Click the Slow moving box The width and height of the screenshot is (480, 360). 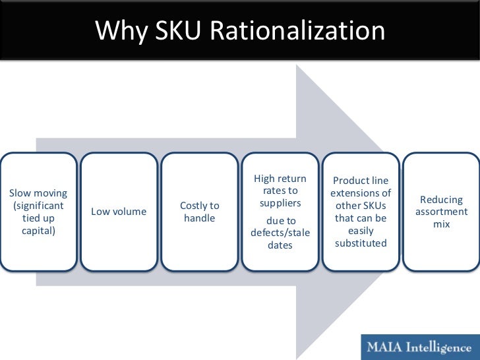pos(38,212)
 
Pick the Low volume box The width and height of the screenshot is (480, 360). pos(119,212)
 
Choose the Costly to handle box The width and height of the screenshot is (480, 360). pos(199,212)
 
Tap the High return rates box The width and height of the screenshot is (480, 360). pos(280,212)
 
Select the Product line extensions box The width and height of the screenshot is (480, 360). pos(361,212)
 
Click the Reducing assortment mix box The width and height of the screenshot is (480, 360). pos(441,212)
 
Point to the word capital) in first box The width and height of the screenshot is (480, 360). pos(38,230)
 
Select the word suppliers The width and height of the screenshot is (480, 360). pos(280,203)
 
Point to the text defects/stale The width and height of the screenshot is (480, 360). pos(280,233)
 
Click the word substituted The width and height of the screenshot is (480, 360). pos(361,243)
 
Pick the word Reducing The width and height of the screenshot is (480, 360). pos(441,200)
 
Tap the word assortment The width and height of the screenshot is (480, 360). pos(441,212)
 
